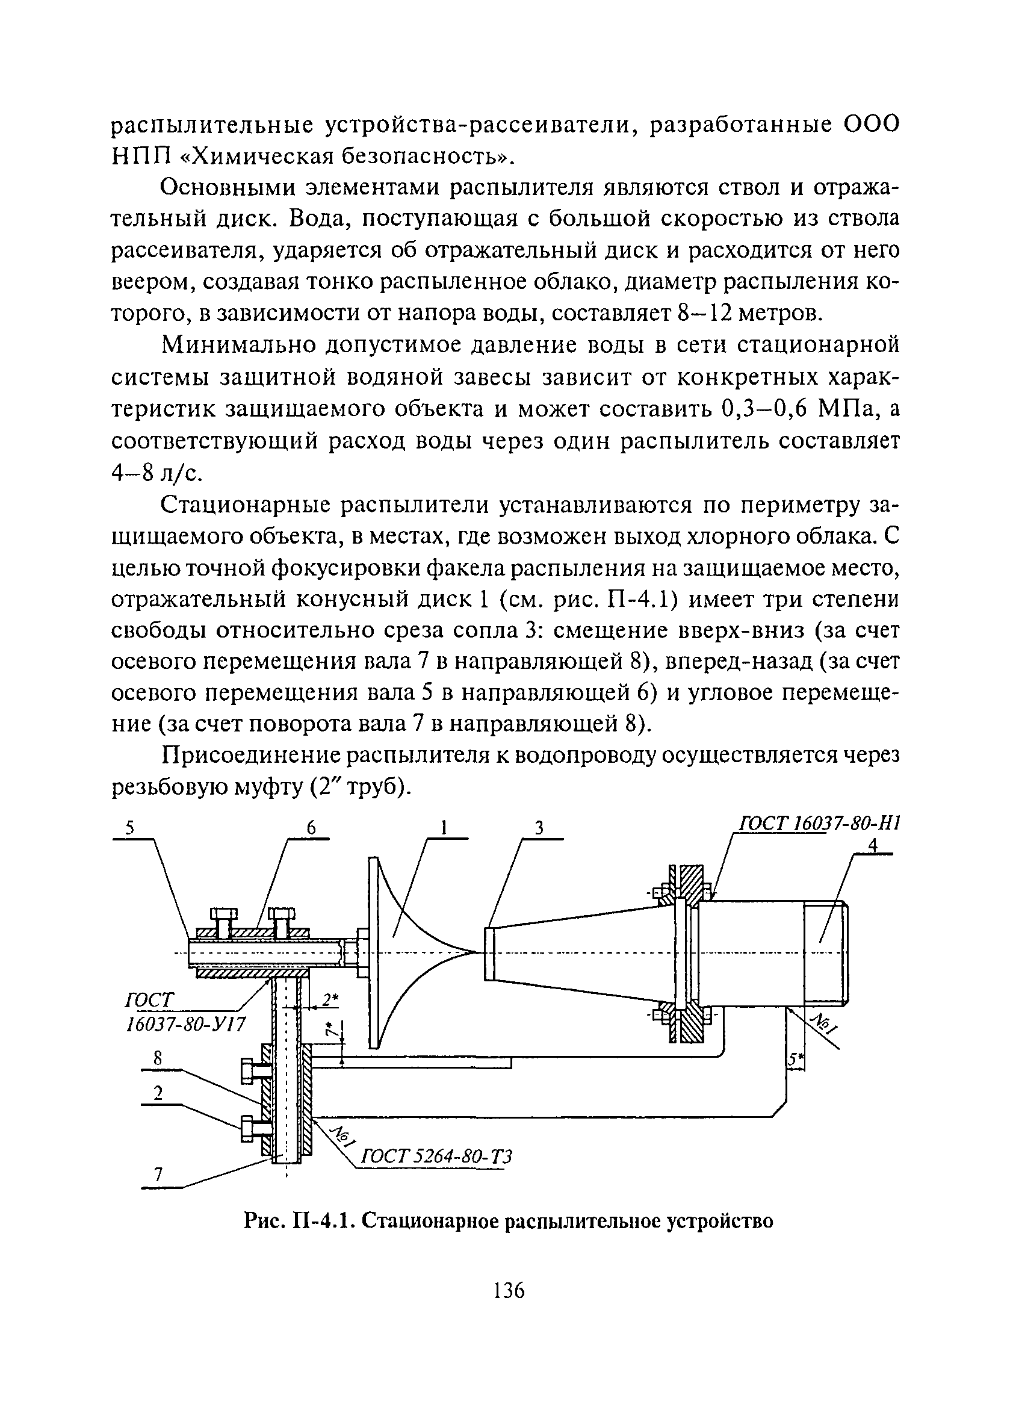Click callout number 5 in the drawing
tap(130, 828)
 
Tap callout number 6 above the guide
tap(311, 828)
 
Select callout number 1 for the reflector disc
tap(444, 828)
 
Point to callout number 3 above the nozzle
tap(539, 828)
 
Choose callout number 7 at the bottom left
tap(158, 1175)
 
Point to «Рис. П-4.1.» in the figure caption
tap(299, 1221)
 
